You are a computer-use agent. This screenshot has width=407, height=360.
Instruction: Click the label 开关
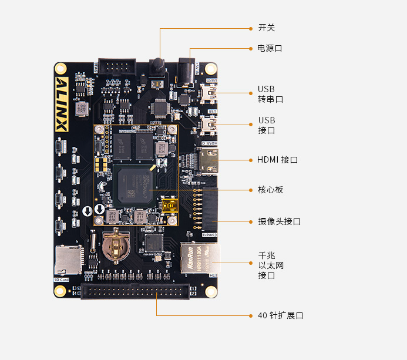(266, 28)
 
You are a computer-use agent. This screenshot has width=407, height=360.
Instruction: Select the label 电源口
(270, 48)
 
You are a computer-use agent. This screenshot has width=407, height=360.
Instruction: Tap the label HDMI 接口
(277, 160)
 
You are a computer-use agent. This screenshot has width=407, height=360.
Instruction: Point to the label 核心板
(270, 190)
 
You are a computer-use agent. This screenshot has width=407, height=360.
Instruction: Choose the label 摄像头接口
(279, 221)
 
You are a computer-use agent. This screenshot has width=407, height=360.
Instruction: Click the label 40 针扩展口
(280, 315)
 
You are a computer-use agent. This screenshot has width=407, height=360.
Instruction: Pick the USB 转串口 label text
(270, 94)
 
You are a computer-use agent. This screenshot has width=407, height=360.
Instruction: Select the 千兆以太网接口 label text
(271, 265)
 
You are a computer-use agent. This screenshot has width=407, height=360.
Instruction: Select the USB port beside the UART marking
(210, 92)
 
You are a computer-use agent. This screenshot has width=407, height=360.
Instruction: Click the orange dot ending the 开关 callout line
(250, 28)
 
